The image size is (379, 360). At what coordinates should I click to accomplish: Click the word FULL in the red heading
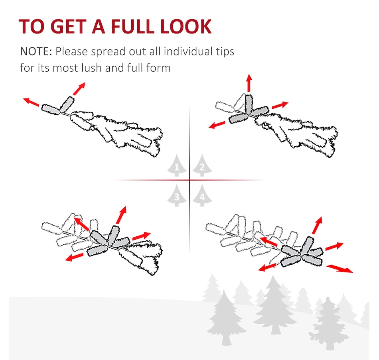coord(132,26)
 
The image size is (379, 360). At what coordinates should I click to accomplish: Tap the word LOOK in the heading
coord(186,26)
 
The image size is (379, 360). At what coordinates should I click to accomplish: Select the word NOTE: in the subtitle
coord(36,51)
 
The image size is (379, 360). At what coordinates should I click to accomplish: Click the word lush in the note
coord(91,68)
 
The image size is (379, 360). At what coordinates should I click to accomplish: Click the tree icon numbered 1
coord(177,165)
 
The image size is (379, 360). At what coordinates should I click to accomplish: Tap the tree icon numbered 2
coord(202,165)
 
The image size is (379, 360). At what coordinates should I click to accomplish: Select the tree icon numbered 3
coord(177,195)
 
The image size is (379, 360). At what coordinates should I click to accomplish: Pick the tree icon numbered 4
coord(202,195)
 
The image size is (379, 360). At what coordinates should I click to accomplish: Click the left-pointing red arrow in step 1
coord(31,102)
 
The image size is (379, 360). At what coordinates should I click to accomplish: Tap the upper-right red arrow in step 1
coord(79,89)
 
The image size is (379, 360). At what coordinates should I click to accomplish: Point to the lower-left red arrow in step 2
coord(217,125)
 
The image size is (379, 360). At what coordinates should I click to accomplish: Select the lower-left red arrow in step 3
coord(74,257)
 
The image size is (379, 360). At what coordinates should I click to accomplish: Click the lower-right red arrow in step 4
coord(340,269)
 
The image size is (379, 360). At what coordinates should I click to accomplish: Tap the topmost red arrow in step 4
coord(317,225)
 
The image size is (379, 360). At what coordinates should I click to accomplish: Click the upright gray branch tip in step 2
coord(249,104)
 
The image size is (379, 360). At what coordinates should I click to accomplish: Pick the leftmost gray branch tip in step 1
coord(51,110)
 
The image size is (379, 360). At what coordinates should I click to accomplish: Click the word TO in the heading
coord(32,26)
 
